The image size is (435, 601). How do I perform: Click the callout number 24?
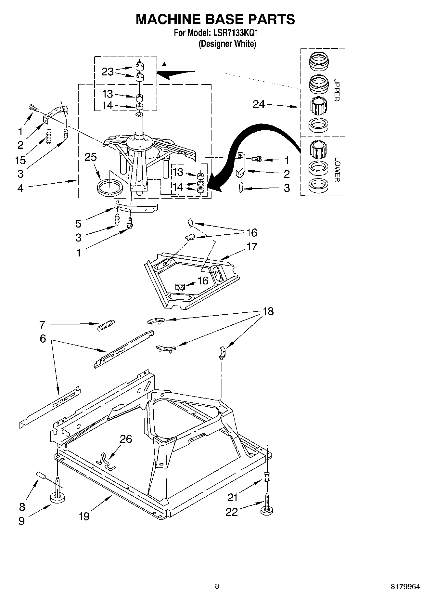(x=259, y=104)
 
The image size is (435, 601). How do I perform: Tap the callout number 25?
(x=91, y=157)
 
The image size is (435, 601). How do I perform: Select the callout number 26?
(x=126, y=439)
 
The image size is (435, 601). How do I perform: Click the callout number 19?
(x=84, y=516)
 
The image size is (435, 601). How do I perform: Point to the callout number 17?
(x=252, y=246)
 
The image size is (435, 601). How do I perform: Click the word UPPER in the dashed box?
(x=337, y=90)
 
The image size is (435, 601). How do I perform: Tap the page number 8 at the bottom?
(x=217, y=586)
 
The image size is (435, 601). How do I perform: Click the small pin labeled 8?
(x=41, y=475)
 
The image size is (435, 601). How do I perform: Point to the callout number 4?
(x=20, y=188)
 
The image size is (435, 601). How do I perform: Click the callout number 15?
(x=20, y=160)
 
